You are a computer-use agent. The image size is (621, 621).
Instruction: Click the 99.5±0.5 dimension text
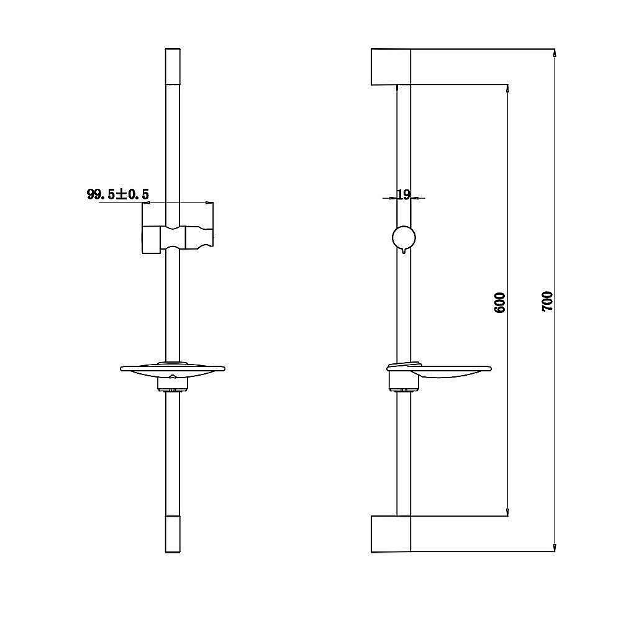[117, 194]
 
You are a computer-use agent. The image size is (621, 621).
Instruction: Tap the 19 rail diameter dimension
[403, 194]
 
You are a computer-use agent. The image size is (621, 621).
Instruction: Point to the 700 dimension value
[547, 301]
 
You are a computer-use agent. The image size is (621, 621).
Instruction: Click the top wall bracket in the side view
[391, 67]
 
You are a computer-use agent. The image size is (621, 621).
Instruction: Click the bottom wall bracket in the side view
[391, 533]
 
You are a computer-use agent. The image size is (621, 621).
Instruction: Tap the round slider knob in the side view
[404, 238]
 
